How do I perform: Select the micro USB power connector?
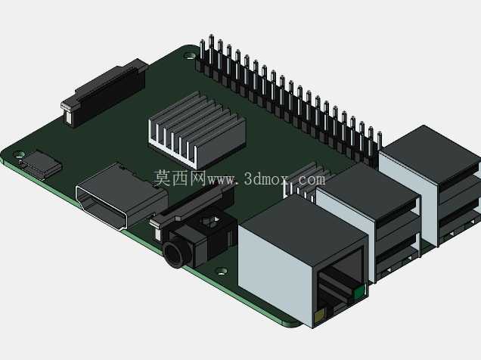pos(39,164)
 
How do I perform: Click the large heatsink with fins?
pos(197,130)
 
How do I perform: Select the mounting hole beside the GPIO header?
pos(190,56)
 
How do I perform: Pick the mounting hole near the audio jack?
pos(222,271)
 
